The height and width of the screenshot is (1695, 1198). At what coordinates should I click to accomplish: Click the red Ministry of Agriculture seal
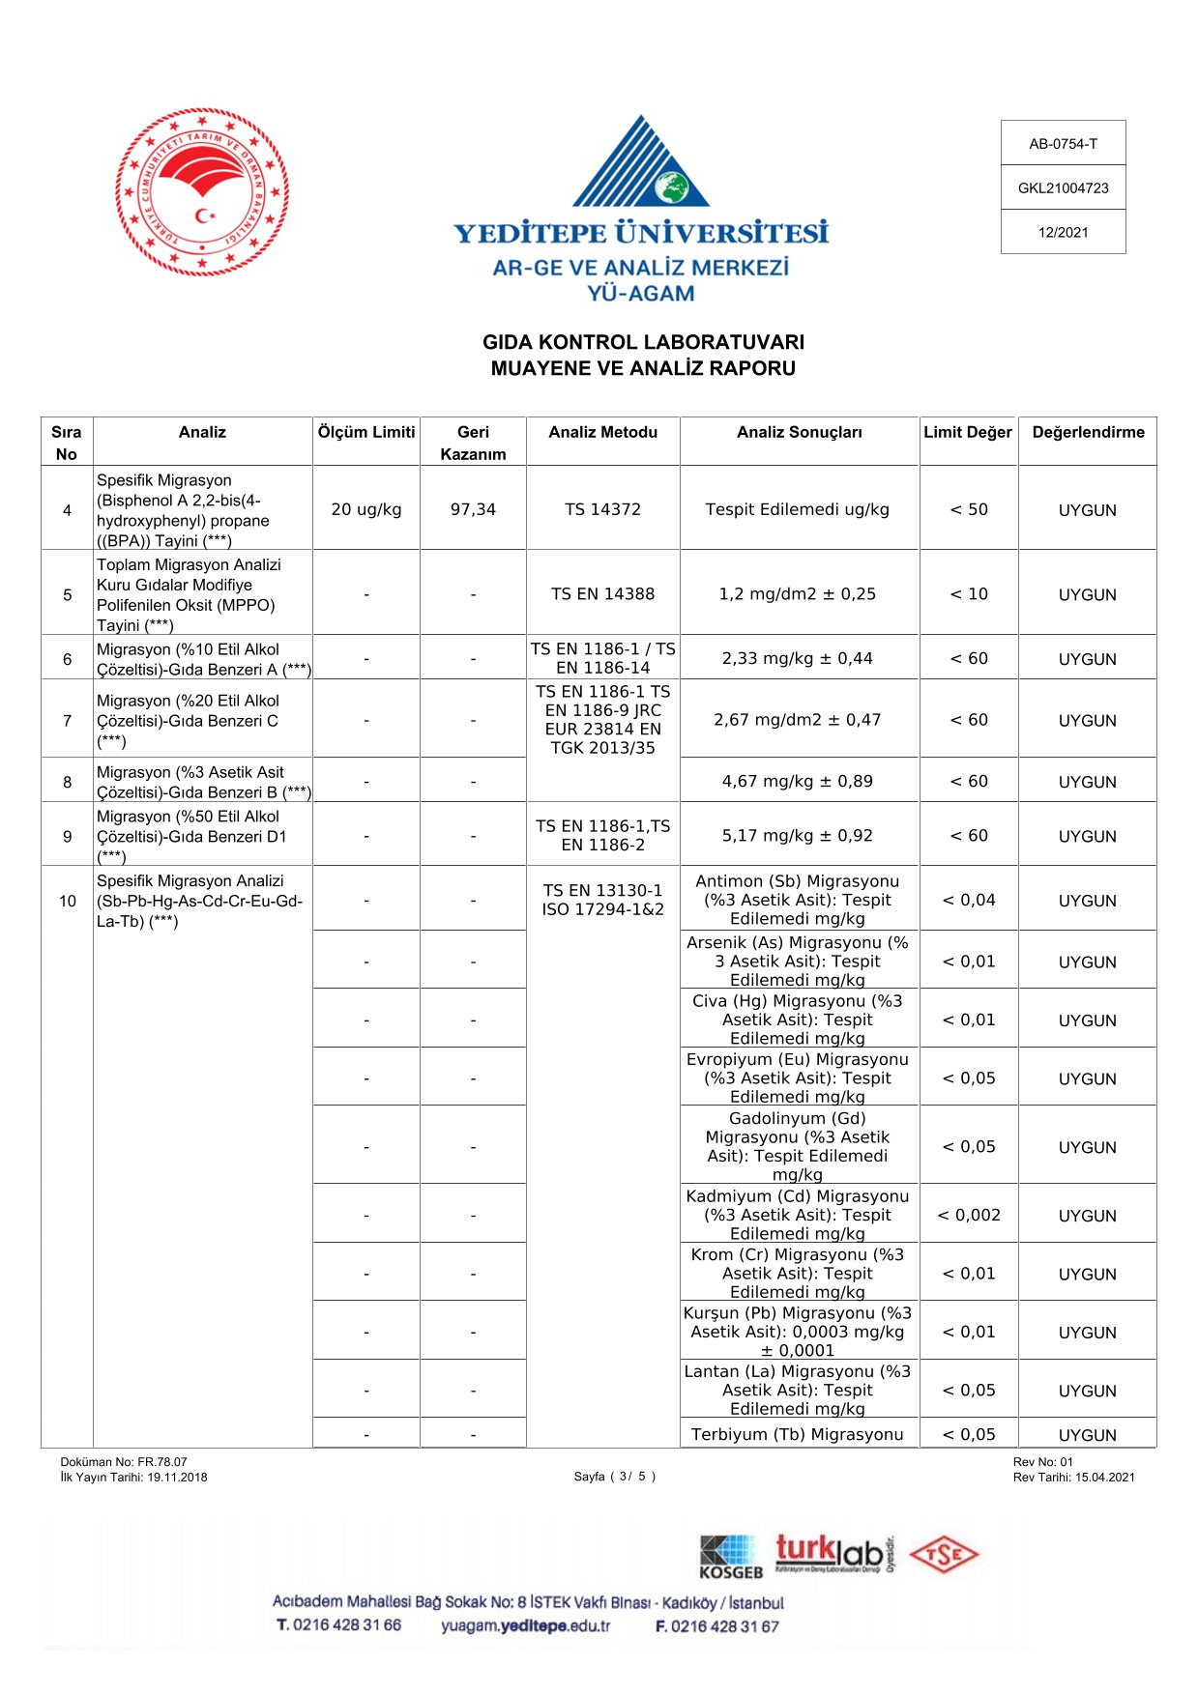[202, 191]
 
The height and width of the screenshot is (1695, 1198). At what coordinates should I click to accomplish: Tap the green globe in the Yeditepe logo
[670, 187]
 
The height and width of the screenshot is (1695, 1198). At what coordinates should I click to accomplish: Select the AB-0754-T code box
[1063, 144]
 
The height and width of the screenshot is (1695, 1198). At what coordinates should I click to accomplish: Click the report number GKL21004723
[1063, 188]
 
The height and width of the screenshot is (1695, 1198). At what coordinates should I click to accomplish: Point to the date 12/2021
[1063, 232]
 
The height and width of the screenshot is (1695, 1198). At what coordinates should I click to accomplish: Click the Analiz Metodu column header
[602, 432]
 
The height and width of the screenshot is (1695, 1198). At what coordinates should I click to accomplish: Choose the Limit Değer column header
[967, 432]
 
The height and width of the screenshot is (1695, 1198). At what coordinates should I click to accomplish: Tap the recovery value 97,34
[473, 509]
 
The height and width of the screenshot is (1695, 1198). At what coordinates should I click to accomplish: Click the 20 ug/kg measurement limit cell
[366, 509]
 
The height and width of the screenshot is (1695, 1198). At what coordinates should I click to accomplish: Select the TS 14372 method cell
[602, 509]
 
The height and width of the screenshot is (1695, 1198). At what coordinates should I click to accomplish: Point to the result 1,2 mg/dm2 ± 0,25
[797, 594]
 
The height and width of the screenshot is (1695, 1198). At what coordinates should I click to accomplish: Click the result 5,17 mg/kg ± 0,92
[797, 836]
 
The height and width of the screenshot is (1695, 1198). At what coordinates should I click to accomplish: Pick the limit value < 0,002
[969, 1215]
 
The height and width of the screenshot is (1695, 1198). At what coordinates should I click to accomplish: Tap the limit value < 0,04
[969, 900]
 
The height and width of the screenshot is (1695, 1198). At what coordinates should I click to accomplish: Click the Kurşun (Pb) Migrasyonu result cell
[797, 1332]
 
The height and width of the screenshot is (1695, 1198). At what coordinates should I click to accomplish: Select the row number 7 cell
[67, 721]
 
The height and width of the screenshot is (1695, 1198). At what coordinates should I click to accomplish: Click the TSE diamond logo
[944, 1555]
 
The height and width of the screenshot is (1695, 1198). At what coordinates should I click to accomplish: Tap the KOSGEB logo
[731, 1557]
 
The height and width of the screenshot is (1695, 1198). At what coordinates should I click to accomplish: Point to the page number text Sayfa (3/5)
[615, 1477]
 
